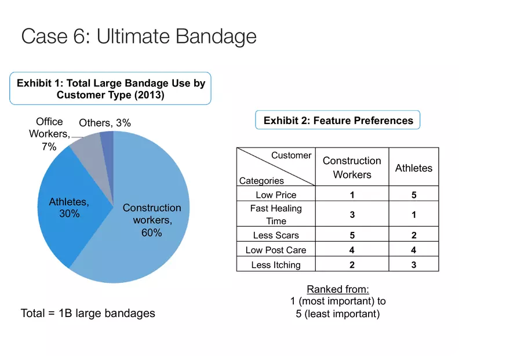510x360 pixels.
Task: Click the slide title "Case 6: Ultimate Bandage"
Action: pos(139,36)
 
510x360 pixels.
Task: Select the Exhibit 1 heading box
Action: pos(110,89)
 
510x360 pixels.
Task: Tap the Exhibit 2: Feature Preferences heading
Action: pos(338,121)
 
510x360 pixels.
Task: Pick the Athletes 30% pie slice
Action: pos(70,208)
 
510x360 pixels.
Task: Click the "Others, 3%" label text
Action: pos(105,123)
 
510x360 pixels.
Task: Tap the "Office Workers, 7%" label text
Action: pos(49,134)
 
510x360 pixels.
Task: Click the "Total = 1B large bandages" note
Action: pos(88,313)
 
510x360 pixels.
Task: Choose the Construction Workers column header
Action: pos(352,168)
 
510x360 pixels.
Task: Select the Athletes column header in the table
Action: pos(414,168)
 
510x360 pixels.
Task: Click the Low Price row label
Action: pos(276,195)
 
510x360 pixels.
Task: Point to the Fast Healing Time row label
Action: pos(276,214)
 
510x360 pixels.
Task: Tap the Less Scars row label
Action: pos(276,235)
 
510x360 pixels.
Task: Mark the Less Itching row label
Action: pos(276,265)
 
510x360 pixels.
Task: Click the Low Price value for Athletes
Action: pos(414,195)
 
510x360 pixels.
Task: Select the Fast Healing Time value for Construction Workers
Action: pos(352,214)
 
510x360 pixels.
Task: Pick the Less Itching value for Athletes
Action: pos(414,265)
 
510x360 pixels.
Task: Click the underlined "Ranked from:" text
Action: pos(338,289)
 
